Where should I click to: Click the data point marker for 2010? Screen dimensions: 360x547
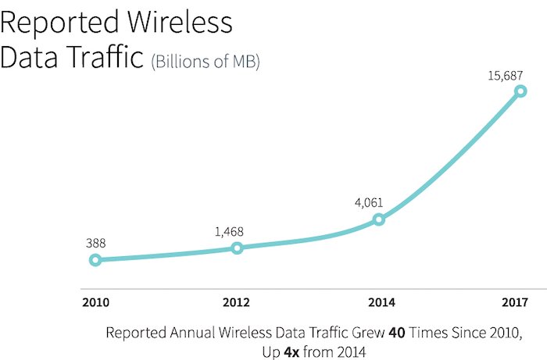point(95,260)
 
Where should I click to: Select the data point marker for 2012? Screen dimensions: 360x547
point(237,248)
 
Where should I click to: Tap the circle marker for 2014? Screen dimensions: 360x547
point(378,219)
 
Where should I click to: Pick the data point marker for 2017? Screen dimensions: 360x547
point(520,91)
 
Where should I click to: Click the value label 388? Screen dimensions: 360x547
point(95,243)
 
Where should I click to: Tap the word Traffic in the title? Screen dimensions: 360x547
point(105,59)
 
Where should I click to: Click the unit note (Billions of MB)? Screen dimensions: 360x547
point(206,62)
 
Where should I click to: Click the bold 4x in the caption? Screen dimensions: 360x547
point(276,350)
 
